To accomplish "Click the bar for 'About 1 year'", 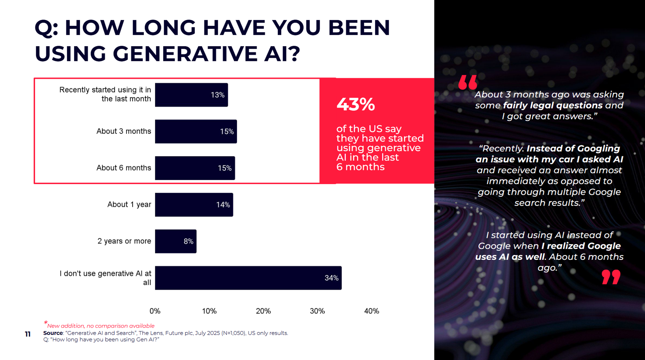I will tap(194, 205).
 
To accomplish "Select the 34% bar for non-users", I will tap(248, 278).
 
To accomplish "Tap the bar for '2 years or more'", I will tap(175, 241).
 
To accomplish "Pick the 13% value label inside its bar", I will tap(218, 95).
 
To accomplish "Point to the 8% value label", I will tap(188, 241).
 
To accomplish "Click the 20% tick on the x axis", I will tap(263, 311).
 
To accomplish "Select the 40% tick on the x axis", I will tap(371, 311).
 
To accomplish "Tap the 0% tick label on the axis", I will tap(155, 311).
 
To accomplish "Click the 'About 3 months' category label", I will tap(124, 131).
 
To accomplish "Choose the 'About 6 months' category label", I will tap(124, 168).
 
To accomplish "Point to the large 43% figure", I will tap(356, 104).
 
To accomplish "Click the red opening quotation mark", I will tap(467, 82).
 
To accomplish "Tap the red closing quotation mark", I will tap(611, 277).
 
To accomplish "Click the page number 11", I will tap(28, 334).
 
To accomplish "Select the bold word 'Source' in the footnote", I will tap(53, 333).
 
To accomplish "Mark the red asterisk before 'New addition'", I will tap(46, 322).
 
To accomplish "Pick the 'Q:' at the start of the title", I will tap(46, 28).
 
